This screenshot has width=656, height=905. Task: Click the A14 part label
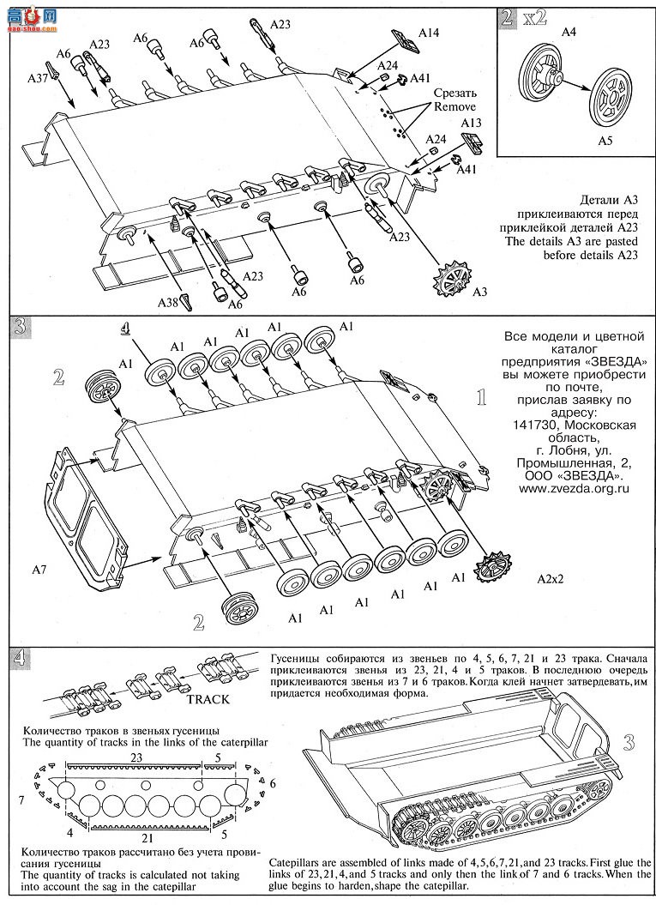point(429,33)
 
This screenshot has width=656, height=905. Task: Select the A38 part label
point(167,301)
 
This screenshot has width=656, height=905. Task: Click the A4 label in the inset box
point(569,33)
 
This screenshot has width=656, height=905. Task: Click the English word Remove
point(454,107)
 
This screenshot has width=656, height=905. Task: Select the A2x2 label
point(554,580)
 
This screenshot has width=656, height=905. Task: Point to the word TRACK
point(208,698)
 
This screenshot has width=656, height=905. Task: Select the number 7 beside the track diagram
point(22,799)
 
